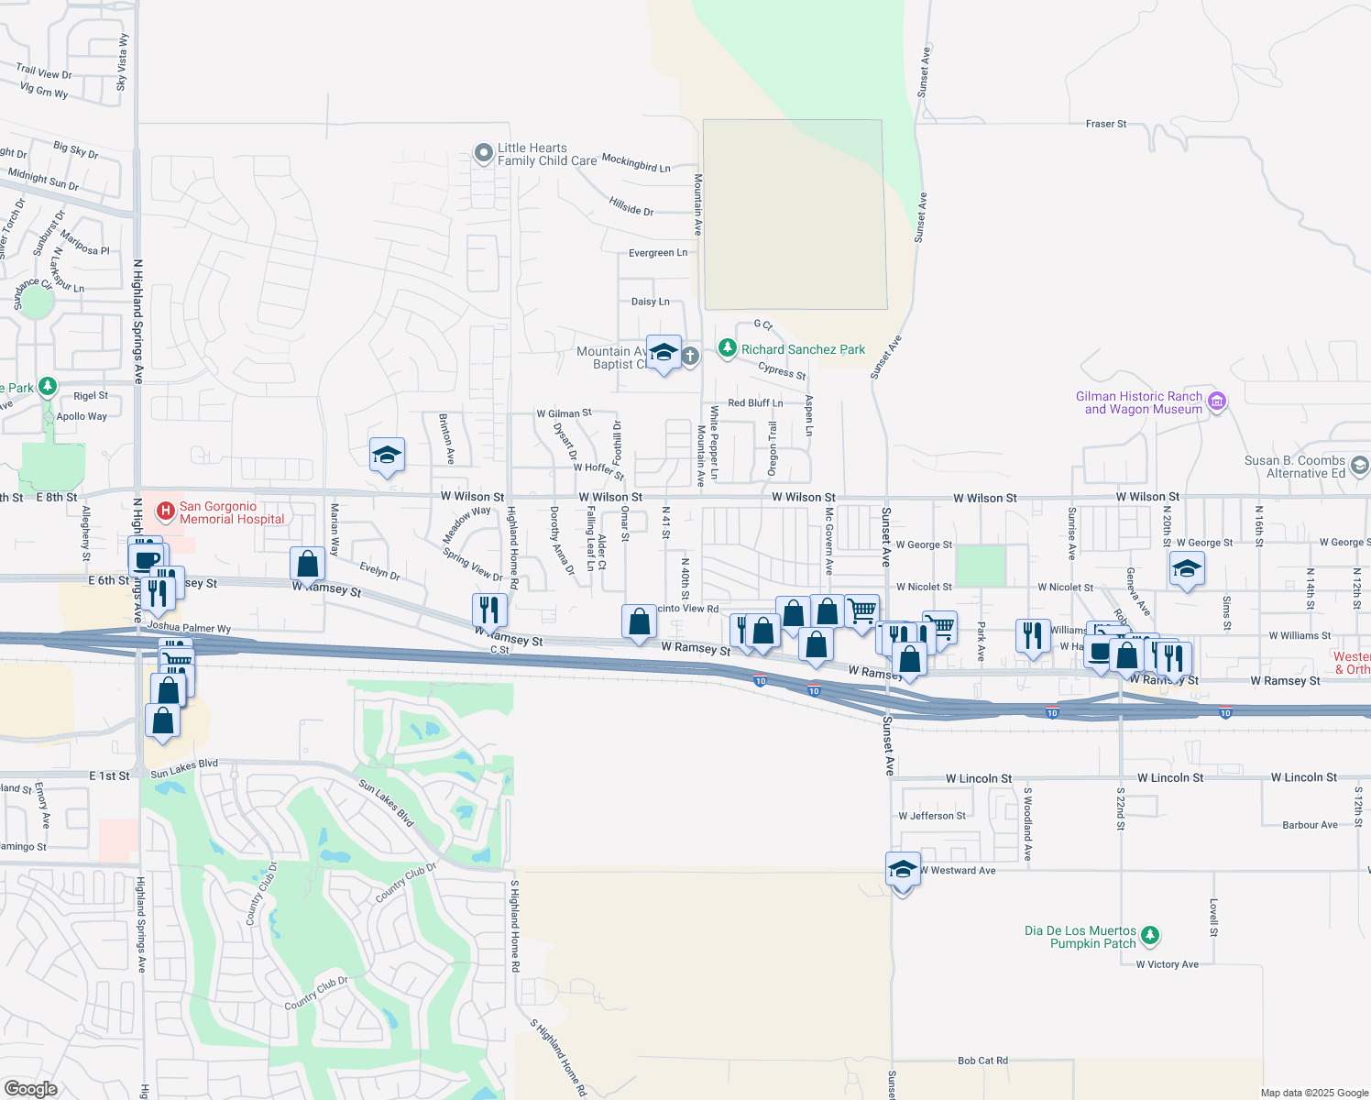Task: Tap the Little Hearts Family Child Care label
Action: (532, 154)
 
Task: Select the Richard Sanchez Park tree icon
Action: (728, 348)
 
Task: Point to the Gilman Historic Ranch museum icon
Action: (1217, 401)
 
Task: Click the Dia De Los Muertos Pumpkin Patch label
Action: (1080, 937)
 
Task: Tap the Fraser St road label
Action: (1106, 124)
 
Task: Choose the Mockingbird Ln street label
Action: (636, 163)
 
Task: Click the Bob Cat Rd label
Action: (982, 1061)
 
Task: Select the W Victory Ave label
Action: (1167, 964)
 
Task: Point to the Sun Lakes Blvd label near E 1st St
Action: (184, 768)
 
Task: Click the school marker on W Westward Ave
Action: (903, 871)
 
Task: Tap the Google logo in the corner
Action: (31, 1088)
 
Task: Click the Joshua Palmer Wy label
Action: (189, 628)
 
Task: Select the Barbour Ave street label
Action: (1310, 825)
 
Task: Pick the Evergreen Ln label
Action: (658, 253)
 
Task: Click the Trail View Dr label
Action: (44, 71)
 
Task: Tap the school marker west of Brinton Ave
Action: (387, 455)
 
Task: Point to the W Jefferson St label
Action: (932, 816)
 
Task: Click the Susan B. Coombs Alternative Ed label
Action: (1294, 467)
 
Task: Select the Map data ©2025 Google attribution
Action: (1314, 1093)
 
